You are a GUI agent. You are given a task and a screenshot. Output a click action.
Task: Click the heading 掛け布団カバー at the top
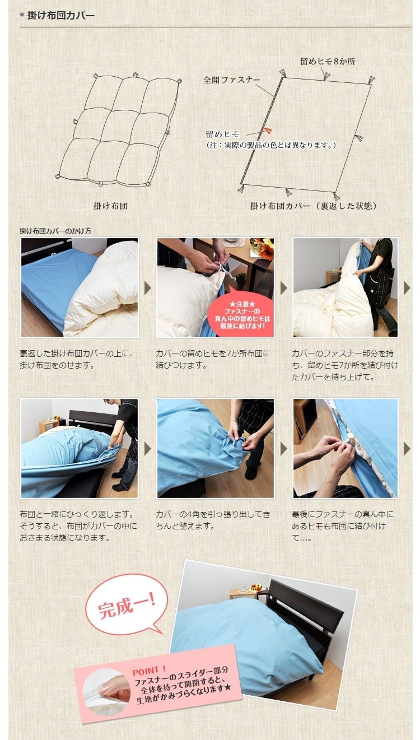pos(60,15)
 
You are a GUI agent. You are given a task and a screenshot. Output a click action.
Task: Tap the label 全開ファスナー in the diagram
pos(231,80)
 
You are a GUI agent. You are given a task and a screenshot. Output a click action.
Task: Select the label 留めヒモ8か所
pos(327,62)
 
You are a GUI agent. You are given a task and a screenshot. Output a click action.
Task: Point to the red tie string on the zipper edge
pos(268,131)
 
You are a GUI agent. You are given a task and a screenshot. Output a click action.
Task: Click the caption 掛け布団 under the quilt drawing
pos(110,206)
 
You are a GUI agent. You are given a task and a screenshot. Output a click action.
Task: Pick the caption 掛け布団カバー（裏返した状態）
pos(313,206)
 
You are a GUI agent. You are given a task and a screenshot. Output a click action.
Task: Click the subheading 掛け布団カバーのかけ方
pos(55,231)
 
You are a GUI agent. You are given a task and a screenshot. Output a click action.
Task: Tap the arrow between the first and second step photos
pos(148,288)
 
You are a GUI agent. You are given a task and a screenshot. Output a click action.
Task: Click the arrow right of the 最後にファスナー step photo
pos(407,449)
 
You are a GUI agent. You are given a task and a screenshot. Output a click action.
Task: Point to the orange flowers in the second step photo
pos(262,248)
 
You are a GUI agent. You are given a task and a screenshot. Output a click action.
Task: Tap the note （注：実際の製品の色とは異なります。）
pos(270,145)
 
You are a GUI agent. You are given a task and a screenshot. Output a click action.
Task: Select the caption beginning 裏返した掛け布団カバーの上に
pos(76,360)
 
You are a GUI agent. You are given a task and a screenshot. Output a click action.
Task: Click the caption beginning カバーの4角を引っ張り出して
pos(213,520)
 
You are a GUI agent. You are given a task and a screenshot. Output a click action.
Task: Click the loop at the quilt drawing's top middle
pos(136,75)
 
